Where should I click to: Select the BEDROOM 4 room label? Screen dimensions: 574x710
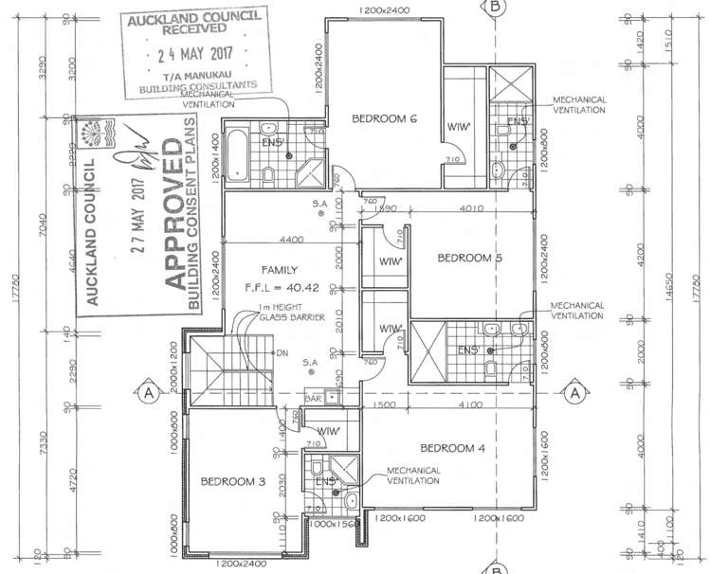[x=452, y=447]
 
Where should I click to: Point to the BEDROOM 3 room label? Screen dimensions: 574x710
[x=232, y=481]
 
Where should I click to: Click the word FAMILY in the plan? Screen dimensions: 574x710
[x=286, y=269]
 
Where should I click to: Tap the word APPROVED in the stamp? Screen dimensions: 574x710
[x=173, y=216]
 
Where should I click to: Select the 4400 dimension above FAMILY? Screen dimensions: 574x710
[x=290, y=239]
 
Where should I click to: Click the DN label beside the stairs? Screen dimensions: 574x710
[x=281, y=353]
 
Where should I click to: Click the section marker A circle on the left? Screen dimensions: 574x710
[x=148, y=391]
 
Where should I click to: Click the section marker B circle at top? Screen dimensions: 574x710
[x=495, y=6]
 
